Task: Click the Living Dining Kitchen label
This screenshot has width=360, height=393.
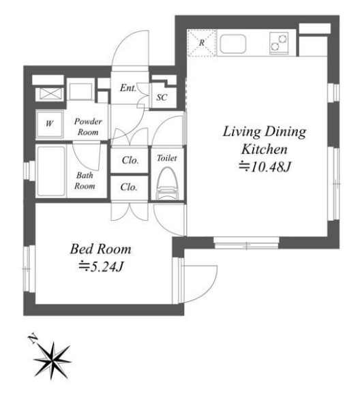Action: pyautogui.click(x=265, y=140)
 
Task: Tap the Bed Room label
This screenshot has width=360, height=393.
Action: pyautogui.click(x=101, y=249)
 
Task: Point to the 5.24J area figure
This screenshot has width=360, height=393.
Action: pyautogui.click(x=101, y=267)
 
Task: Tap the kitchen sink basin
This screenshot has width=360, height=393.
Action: pyautogui.click(x=232, y=44)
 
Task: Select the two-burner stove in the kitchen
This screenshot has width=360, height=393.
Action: pyautogui.click(x=279, y=43)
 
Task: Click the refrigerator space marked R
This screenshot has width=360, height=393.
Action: pyautogui.click(x=202, y=43)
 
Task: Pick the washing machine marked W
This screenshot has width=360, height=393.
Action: pyautogui.click(x=49, y=124)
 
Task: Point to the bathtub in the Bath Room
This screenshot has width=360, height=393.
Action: pyautogui.click(x=51, y=172)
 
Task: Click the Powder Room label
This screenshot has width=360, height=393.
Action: pyautogui.click(x=88, y=127)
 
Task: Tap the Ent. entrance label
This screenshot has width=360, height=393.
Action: pyautogui.click(x=128, y=88)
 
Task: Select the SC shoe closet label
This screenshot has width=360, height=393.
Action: pyautogui.click(x=162, y=97)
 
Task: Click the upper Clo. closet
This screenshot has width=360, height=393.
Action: pyautogui.click(x=130, y=161)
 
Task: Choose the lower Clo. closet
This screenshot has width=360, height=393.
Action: pyautogui.click(x=129, y=187)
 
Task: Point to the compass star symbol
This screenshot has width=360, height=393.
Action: pyautogui.click(x=52, y=361)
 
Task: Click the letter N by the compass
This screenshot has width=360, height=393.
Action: pyautogui.click(x=32, y=339)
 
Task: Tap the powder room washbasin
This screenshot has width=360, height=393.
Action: pyautogui.click(x=80, y=92)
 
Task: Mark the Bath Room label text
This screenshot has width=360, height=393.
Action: pyautogui.click(x=85, y=180)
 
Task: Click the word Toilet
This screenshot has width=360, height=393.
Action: pyautogui.click(x=167, y=158)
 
